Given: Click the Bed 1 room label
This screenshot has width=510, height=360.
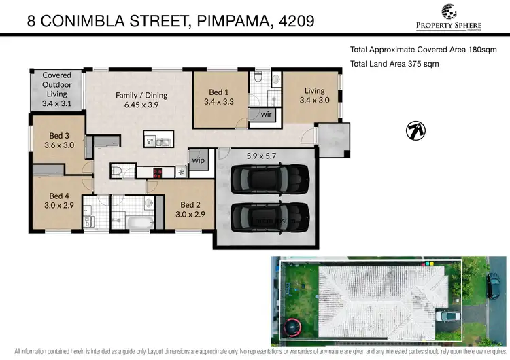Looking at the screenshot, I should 218,92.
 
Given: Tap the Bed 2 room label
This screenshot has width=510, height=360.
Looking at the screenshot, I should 190,204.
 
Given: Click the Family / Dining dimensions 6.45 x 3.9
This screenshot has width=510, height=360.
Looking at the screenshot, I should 141,107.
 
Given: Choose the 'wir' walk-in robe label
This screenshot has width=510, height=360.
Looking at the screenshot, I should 266,115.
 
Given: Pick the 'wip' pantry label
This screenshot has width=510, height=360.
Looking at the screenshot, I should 198,160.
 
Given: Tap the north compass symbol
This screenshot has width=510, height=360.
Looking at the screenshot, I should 416,130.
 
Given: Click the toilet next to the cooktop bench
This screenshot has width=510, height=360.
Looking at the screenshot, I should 116,171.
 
